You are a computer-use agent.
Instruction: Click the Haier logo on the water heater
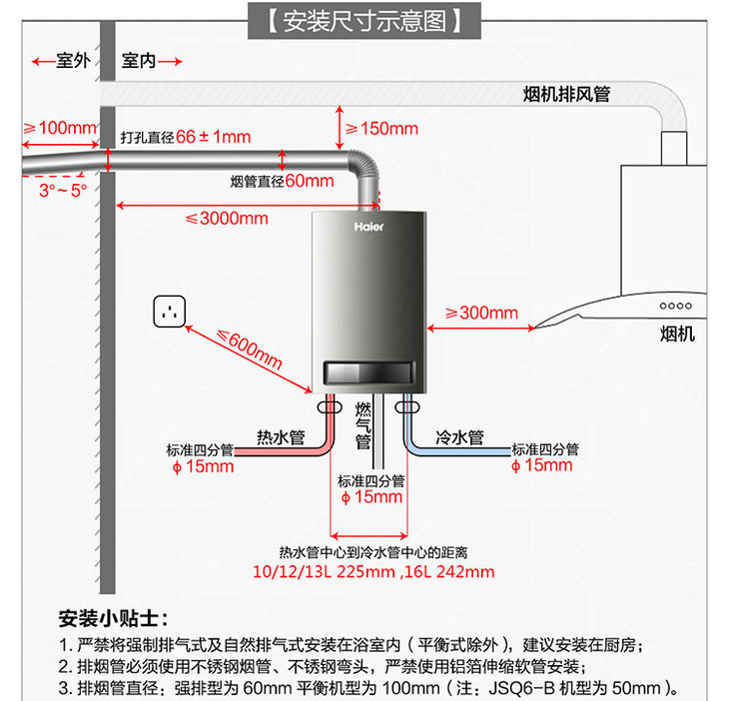pos(368,227)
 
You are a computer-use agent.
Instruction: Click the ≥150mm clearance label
pos(381,129)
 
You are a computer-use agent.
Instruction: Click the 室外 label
pos(73,62)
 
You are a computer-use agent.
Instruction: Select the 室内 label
pos(139,62)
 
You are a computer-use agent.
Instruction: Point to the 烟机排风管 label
pos(567,94)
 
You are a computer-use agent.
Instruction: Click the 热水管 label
pos(280,436)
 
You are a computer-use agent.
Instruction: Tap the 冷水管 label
pos(459,436)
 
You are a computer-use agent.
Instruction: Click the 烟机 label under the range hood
pos(677,334)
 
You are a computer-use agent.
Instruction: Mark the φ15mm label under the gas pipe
pos(371,497)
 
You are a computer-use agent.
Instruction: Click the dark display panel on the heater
pos(367,371)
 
